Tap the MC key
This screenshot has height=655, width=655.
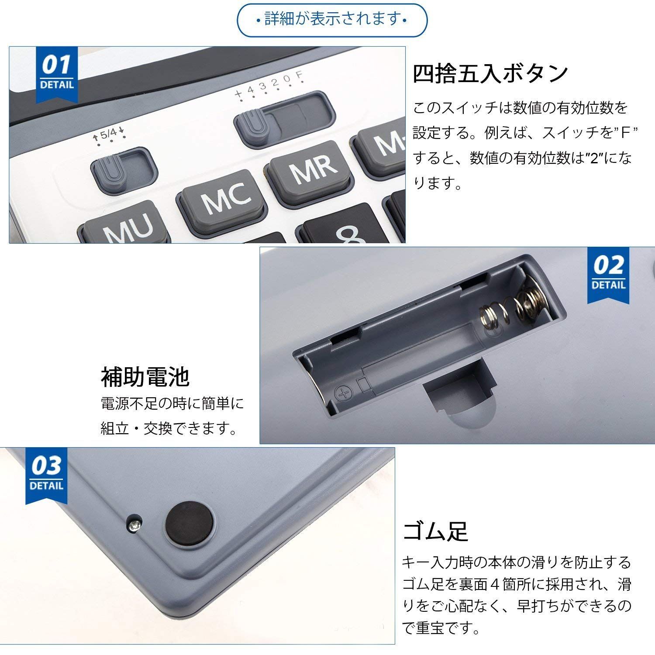222,201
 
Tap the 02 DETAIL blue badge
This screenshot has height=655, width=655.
608,275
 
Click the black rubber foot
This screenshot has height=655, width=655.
190,522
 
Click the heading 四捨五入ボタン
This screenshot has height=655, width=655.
490,73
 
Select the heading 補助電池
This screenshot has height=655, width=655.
145,377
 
